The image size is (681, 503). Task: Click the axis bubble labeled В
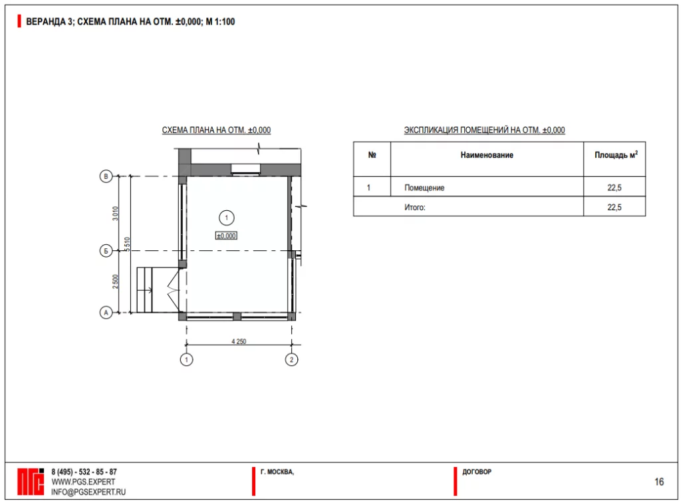tap(106, 176)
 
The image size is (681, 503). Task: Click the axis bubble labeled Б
tap(106, 251)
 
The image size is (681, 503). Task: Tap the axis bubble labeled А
tap(106, 312)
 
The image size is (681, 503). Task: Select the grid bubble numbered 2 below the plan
tap(291, 360)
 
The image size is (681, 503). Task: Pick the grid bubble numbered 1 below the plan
tap(186, 360)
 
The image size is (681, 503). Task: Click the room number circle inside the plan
tap(226, 218)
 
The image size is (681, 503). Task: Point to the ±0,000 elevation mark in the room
tap(226, 236)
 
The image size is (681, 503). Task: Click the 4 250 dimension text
tap(239, 341)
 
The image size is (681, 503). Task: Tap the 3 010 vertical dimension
tap(115, 214)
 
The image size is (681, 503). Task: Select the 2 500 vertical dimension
tap(115, 281)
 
